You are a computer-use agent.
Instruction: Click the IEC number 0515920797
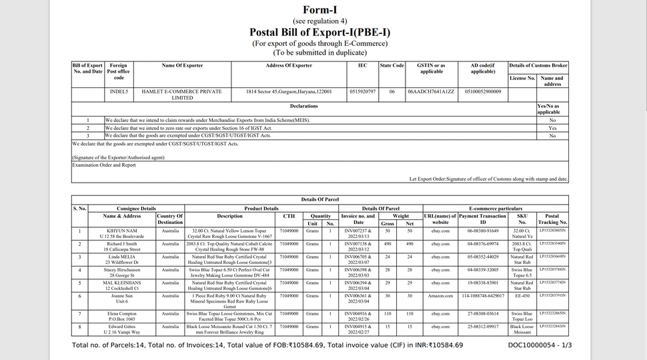362,91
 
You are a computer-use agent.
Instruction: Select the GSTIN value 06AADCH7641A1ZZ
431,91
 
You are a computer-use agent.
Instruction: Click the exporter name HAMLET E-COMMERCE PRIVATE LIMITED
181,95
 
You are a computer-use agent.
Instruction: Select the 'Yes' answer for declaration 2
552,128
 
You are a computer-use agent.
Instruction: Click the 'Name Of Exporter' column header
181,65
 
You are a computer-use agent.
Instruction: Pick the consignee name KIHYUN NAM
122,231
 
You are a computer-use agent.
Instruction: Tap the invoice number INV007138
358,245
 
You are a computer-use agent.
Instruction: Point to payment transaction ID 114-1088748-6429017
484,295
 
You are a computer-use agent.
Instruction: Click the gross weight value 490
388,245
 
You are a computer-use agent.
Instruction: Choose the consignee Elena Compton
122,313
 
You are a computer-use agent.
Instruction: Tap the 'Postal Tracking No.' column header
552,219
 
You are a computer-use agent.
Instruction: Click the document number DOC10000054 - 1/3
540,345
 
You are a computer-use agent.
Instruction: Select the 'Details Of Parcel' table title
319,199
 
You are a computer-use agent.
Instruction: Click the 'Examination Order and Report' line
105,165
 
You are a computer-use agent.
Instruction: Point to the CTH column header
289,216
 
